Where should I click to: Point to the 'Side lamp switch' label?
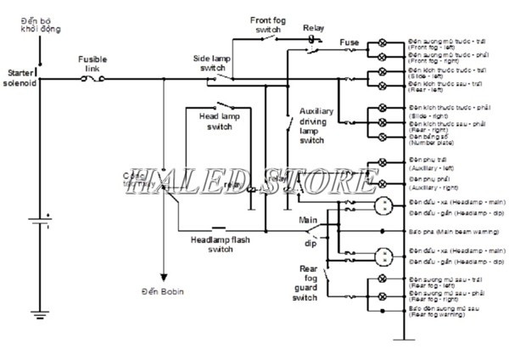point(213,64)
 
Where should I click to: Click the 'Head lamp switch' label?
point(218,121)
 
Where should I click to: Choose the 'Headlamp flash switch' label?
point(221,244)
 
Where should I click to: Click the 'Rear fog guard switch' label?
point(305,284)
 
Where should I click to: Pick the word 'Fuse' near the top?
point(349,42)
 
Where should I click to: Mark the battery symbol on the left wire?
point(37,222)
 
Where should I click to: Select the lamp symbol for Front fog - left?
point(383,42)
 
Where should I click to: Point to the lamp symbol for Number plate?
point(383,136)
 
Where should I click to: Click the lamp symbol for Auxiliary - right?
point(383,183)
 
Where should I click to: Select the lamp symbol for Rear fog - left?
point(383,279)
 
